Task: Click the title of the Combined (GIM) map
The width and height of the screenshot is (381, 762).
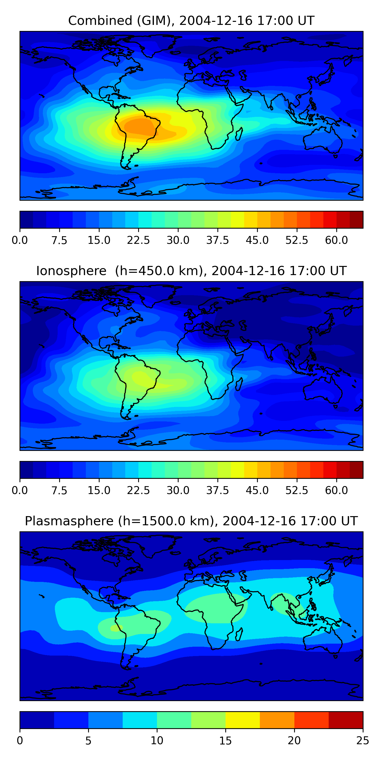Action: [191, 21]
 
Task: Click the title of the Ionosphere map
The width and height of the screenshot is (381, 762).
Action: [191, 271]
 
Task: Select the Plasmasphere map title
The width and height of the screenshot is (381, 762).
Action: [191, 521]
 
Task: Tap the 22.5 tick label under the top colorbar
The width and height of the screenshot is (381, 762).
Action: [138, 240]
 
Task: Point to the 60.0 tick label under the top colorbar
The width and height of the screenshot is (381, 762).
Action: [336, 240]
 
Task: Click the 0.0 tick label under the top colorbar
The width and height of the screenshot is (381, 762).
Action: [20, 240]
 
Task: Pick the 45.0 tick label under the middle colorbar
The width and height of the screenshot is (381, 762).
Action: [257, 490]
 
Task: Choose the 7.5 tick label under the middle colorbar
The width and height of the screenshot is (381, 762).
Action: [59, 490]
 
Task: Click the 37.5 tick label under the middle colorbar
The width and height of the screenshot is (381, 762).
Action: [218, 490]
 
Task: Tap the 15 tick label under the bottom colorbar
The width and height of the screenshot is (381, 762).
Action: [225, 740]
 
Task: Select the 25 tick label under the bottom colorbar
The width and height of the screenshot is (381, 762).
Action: [363, 740]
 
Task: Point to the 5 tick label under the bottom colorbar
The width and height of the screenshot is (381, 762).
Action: [88, 740]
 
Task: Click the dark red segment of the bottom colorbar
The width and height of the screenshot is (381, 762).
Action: [345, 720]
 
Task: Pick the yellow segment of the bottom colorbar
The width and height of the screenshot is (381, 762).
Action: [243, 720]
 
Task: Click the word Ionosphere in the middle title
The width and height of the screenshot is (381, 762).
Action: [71, 271]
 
